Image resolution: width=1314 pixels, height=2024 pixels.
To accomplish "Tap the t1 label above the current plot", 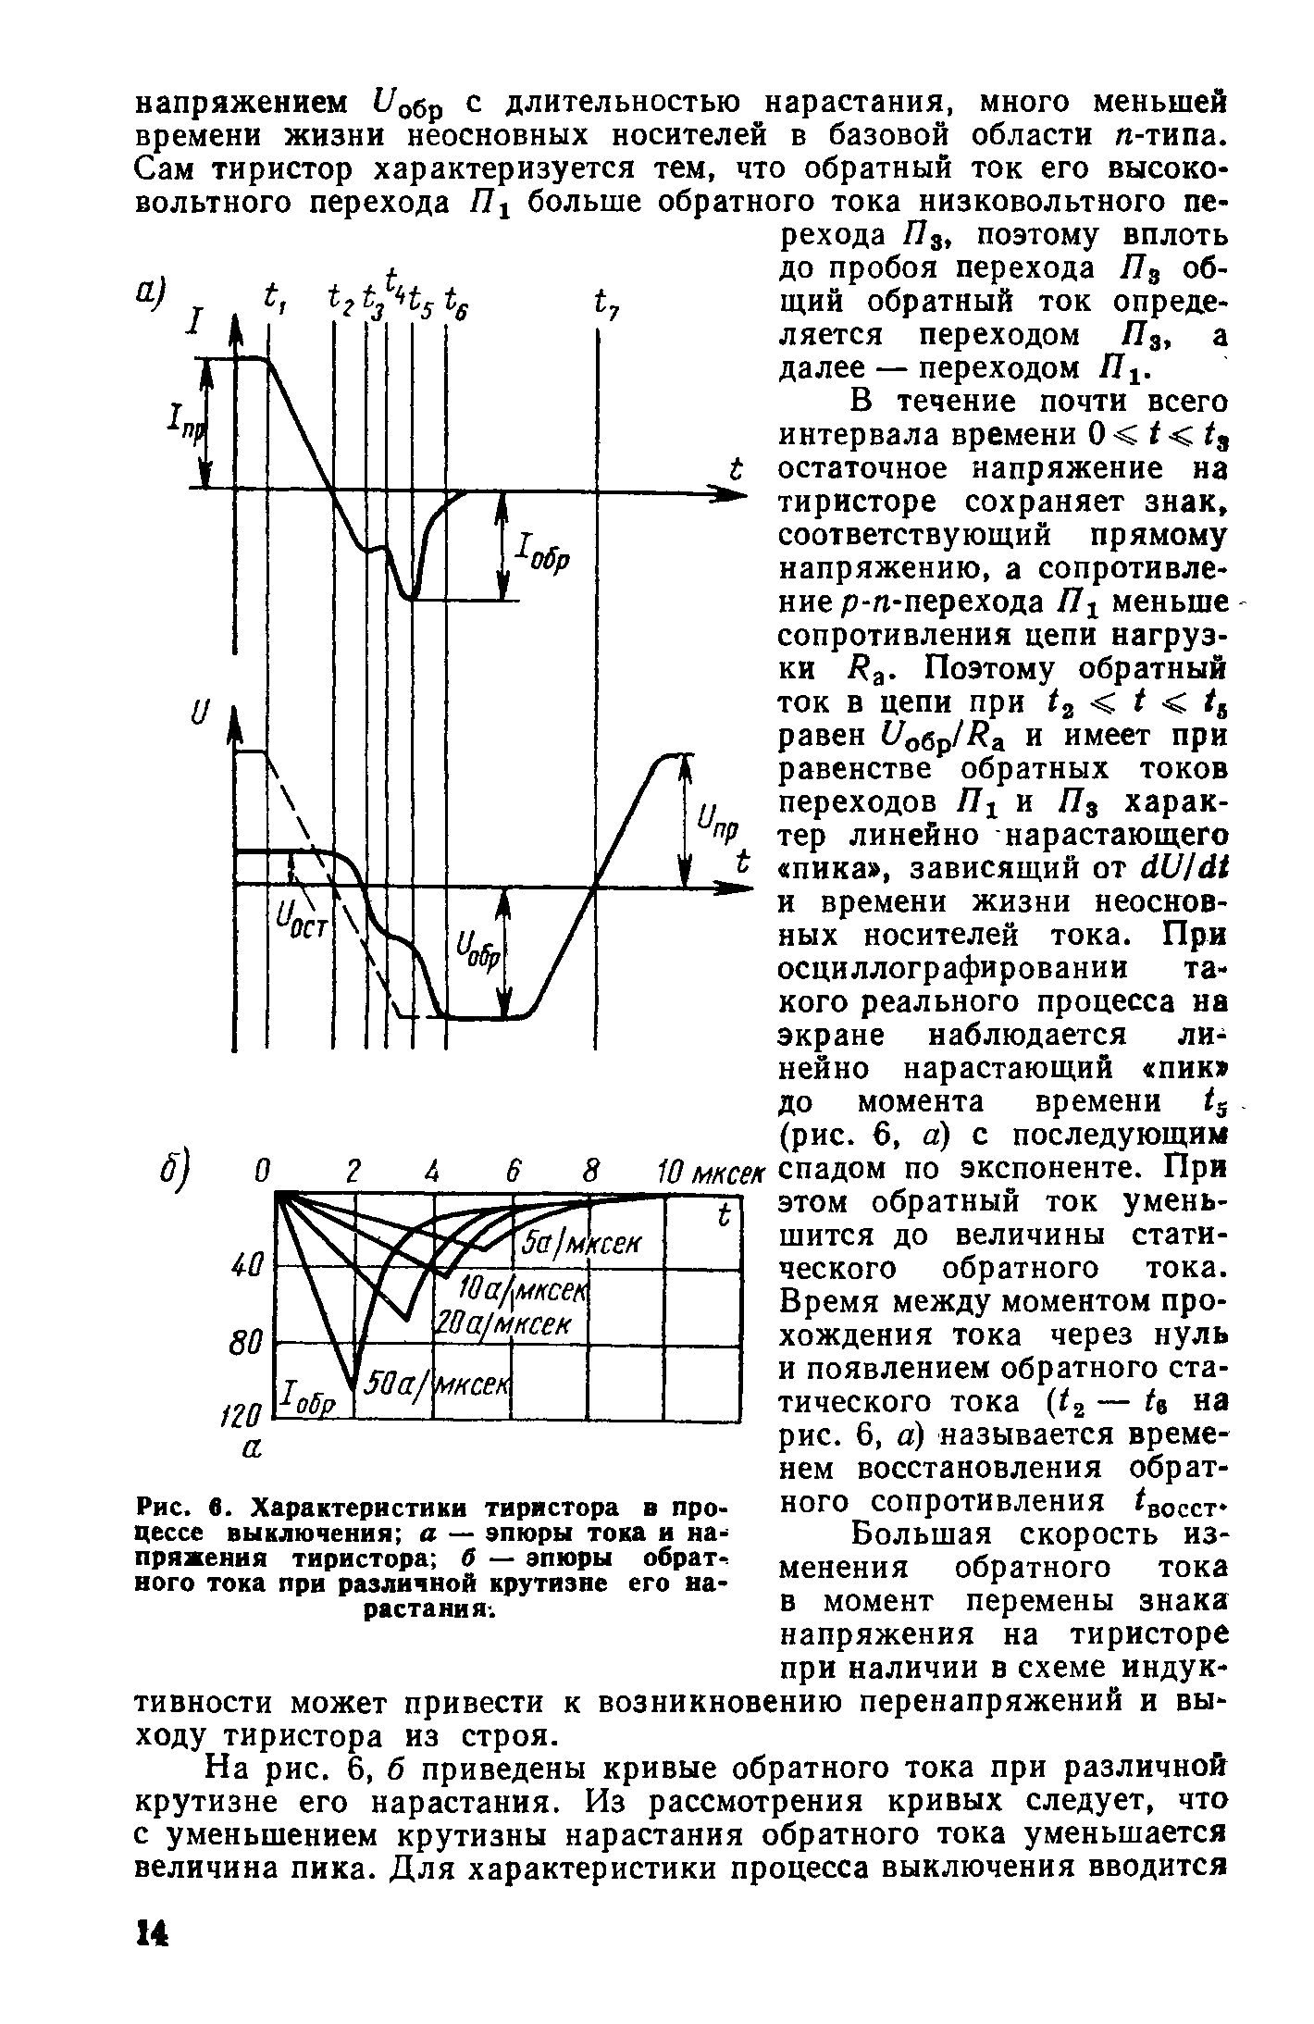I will (x=275, y=299).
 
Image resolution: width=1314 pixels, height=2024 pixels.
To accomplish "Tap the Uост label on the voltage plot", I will (x=299, y=919).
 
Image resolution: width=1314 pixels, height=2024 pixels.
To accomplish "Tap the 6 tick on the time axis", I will (x=512, y=1170).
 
